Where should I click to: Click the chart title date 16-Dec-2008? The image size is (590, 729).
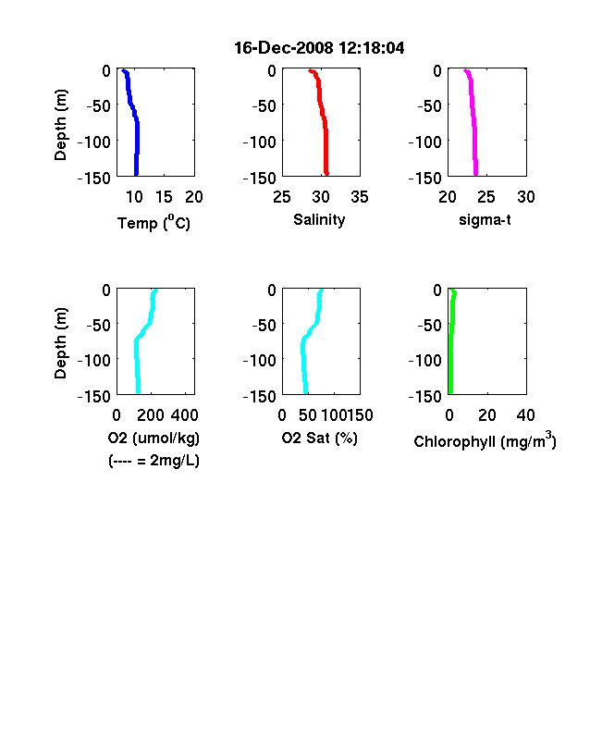(283, 47)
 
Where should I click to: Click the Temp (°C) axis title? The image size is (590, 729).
(154, 222)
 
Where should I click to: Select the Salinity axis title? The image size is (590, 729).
(319, 220)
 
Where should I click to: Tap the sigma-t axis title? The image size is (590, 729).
(485, 219)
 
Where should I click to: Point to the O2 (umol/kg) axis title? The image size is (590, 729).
(154, 438)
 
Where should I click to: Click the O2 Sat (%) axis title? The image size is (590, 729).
(320, 438)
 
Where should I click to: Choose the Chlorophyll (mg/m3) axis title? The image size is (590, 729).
(485, 439)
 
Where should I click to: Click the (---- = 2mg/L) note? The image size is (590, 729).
(154, 461)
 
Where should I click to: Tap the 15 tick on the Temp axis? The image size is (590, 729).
(164, 197)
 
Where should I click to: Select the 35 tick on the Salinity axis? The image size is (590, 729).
(360, 197)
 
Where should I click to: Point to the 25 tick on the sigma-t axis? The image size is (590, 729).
(486, 197)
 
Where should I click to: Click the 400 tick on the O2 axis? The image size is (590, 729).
(184, 415)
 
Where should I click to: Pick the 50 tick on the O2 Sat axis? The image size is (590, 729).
(308, 415)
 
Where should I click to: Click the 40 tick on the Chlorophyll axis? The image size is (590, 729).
(525, 415)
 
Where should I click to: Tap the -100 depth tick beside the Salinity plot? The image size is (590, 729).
(260, 142)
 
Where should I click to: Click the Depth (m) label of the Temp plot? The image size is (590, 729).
(60, 125)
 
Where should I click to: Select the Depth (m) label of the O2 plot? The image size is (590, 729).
(60, 343)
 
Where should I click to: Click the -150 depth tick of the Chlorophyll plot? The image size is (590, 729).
(425, 396)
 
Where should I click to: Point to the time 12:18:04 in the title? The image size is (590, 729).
(371, 47)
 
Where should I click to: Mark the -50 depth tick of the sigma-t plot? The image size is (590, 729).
(430, 106)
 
